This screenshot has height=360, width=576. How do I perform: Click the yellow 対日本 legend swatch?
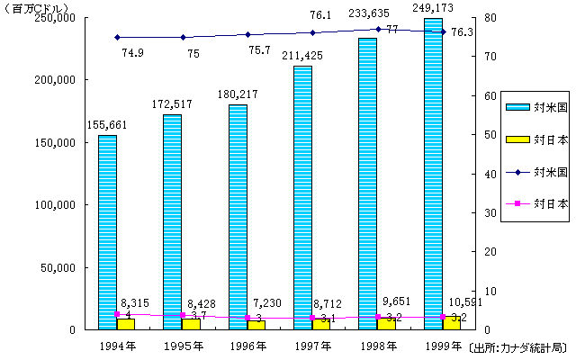coord(516,140)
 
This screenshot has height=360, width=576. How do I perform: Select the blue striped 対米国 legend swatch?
coord(516,107)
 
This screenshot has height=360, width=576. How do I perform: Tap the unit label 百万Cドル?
coord(33,7)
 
